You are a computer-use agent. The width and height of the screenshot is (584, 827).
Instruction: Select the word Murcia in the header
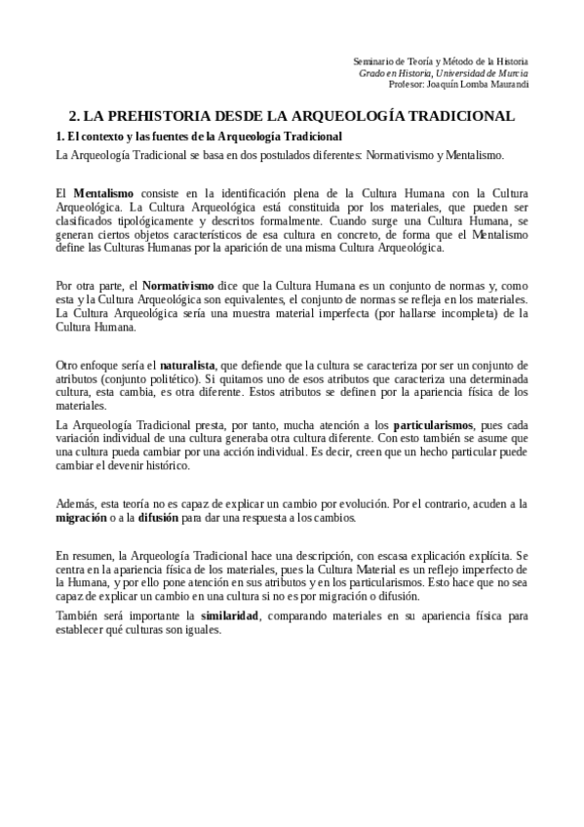point(511,73)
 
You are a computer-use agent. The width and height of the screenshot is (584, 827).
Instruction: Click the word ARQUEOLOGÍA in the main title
point(333,115)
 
